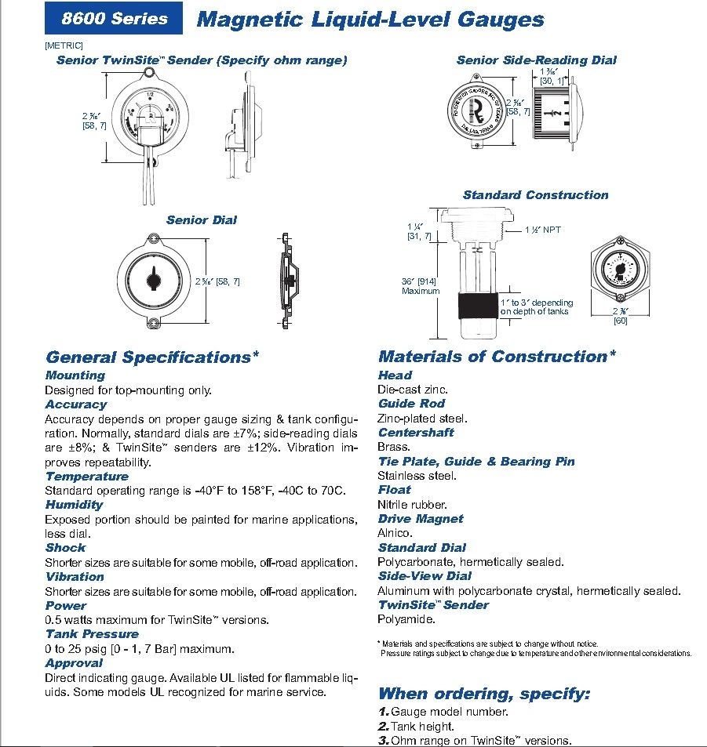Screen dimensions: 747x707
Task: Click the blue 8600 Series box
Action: point(114,19)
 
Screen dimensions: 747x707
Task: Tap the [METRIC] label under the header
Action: point(64,45)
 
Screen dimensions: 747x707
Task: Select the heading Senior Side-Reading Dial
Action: point(536,60)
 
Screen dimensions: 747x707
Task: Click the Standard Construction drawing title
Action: point(535,194)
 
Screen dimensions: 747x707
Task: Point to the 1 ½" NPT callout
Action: point(543,230)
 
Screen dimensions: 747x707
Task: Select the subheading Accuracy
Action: point(75,404)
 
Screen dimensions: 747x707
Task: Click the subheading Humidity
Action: point(74,505)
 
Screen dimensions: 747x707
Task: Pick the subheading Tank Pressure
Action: point(92,633)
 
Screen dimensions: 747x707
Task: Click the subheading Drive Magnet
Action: point(420,519)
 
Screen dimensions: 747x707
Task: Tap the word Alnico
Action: point(395,533)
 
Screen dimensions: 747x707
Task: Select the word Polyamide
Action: point(406,619)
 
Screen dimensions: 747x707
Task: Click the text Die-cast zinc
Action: point(413,390)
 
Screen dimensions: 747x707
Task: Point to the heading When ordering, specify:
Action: point(483,693)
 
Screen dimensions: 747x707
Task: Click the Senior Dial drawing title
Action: point(201,219)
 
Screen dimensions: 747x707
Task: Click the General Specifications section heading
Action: point(152,357)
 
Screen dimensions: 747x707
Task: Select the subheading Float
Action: point(394,490)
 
